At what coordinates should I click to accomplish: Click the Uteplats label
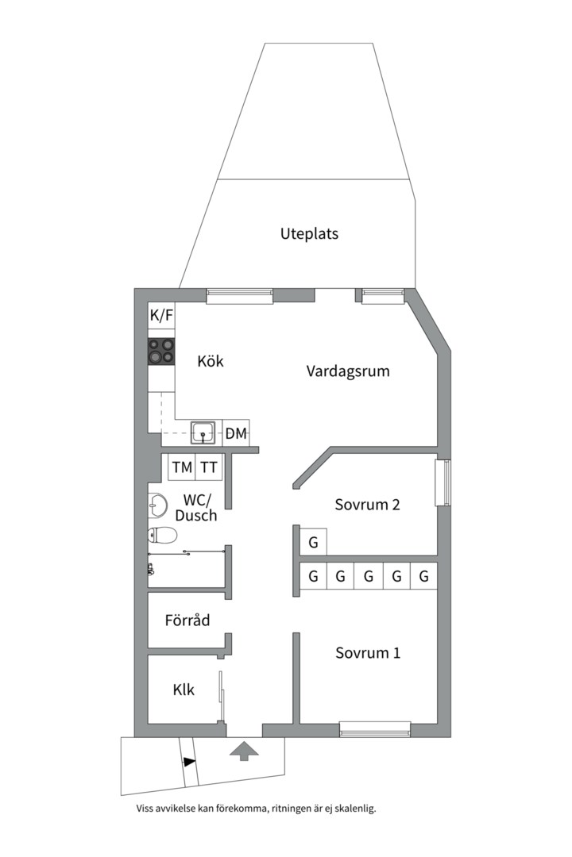309,234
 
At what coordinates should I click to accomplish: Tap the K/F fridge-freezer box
161,316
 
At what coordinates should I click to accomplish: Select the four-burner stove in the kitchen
161,351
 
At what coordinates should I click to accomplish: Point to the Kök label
211,362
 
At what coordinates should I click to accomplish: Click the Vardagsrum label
348,371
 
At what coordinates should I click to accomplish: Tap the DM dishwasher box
236,433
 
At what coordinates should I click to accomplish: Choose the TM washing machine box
182,467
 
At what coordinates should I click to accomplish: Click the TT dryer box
209,467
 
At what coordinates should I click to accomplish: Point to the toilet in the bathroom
159,536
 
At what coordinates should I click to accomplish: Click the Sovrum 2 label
366,505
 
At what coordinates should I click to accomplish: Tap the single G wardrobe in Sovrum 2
313,544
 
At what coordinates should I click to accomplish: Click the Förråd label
187,621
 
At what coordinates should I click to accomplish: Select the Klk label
184,690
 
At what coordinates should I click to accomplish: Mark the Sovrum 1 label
367,653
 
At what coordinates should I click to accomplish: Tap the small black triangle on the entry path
189,762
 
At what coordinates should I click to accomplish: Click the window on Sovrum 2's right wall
444,482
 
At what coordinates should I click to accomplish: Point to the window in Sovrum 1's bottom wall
374,728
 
